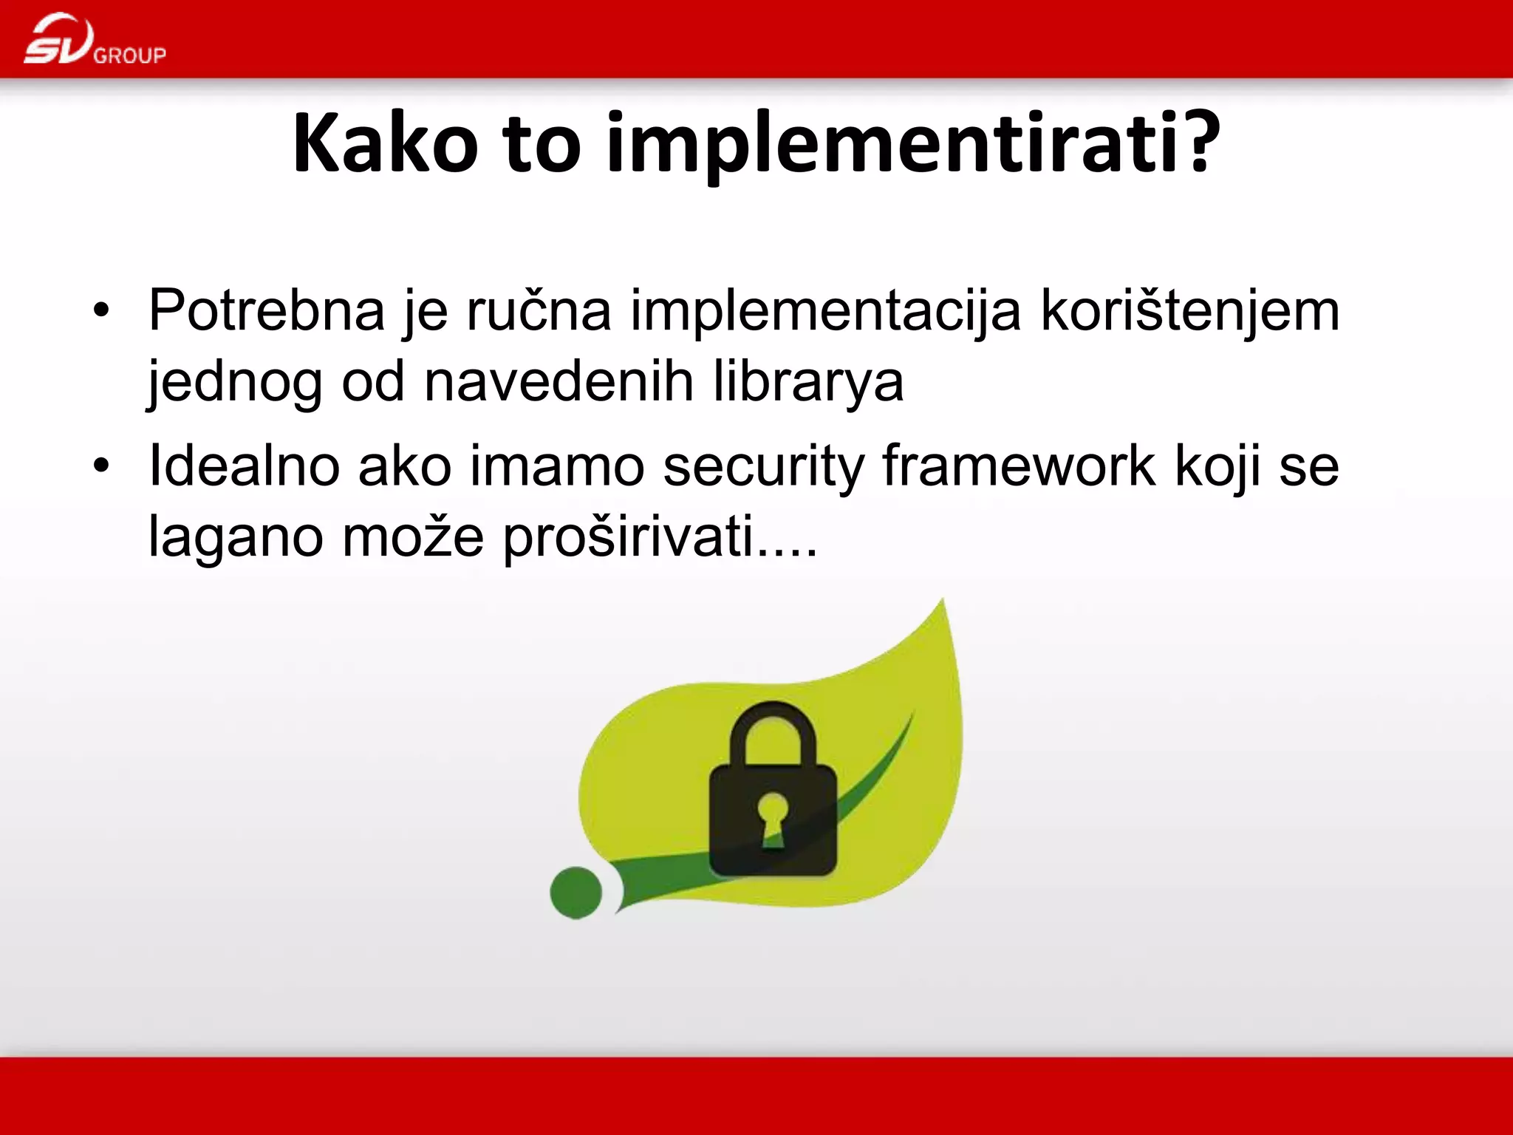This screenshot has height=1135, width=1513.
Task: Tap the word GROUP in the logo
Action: click(130, 55)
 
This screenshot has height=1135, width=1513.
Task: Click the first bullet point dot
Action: click(101, 310)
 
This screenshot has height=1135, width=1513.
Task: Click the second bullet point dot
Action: click(101, 466)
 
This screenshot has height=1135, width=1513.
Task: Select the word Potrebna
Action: click(267, 310)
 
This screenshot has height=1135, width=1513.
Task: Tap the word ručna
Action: click(539, 310)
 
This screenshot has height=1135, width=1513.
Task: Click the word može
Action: click(413, 537)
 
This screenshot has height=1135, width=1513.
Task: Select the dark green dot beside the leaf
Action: click(576, 893)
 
